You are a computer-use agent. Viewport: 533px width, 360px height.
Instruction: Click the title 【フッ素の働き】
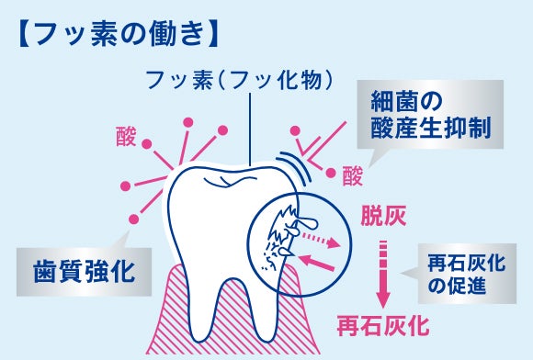[x=118, y=34]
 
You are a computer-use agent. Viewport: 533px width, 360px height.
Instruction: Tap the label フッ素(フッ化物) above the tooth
[x=239, y=81]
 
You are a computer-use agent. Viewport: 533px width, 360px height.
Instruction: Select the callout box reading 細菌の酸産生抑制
[x=430, y=115]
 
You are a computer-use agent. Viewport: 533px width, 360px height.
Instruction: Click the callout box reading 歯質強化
[x=84, y=272]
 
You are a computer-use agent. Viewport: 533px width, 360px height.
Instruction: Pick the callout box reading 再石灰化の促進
[x=467, y=274]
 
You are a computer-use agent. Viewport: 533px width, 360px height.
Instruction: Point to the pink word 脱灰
[x=383, y=216]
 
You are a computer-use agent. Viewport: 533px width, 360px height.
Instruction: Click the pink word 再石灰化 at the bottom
[x=383, y=325]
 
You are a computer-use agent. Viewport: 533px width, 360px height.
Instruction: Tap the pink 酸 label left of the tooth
[x=126, y=137]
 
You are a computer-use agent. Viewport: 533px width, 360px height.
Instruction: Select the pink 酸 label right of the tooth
[x=353, y=175]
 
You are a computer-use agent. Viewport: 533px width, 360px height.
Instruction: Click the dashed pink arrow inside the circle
[x=321, y=239]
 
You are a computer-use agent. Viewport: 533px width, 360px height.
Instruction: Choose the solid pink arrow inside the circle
[x=316, y=261]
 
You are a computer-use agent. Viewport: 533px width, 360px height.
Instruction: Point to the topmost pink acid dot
[x=188, y=122]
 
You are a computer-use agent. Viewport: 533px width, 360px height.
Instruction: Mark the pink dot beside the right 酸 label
[x=331, y=173]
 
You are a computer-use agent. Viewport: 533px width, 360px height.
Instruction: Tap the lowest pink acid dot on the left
[x=134, y=219]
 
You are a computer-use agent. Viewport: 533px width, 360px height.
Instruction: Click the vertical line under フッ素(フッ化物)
[x=250, y=129]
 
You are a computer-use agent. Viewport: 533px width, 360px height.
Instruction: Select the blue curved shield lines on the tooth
[x=295, y=166]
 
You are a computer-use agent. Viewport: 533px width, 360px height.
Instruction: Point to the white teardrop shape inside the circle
[x=307, y=223]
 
